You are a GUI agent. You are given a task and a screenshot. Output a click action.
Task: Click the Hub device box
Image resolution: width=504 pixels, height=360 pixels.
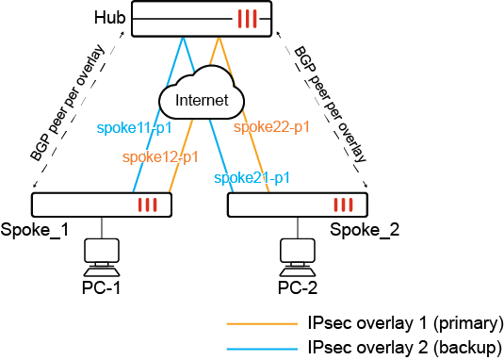pyautogui.click(x=201, y=19)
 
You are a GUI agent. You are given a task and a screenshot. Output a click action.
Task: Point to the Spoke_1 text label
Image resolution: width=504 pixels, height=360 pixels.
pyautogui.click(x=35, y=230)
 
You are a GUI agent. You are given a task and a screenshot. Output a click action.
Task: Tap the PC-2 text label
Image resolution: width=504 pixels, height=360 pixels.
pyautogui.click(x=297, y=286)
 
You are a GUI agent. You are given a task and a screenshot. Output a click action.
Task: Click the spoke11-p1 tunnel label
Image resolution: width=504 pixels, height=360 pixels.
pyautogui.click(x=135, y=126)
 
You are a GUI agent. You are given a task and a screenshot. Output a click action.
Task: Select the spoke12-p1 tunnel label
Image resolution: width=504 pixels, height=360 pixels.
pyautogui.click(x=160, y=156)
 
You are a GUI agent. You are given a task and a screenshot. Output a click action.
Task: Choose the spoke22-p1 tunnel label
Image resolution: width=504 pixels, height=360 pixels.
pyautogui.click(x=271, y=126)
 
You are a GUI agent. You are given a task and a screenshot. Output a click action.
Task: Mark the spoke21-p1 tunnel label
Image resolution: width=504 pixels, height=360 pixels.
pyautogui.click(x=252, y=177)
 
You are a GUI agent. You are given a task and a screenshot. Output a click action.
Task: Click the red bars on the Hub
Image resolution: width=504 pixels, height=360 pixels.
pyautogui.click(x=247, y=19)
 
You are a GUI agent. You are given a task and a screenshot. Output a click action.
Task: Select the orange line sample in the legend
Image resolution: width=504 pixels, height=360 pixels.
pyautogui.click(x=260, y=322)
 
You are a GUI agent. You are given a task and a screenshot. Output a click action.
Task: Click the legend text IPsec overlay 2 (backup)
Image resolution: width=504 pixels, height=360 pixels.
pyautogui.click(x=404, y=347)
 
